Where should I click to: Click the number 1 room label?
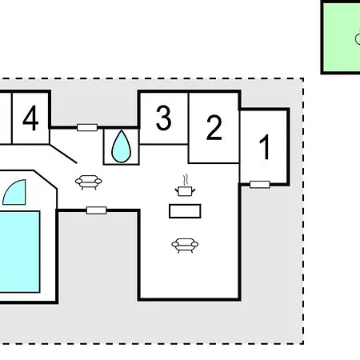click(265, 147)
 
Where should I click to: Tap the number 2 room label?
click(214, 127)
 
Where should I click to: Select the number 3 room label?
click(163, 118)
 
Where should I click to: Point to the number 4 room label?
click(30, 118)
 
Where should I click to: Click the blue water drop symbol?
click(121, 146)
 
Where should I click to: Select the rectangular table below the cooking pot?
click(185, 211)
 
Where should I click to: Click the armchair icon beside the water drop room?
click(89, 182)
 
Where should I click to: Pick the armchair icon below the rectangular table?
click(185, 246)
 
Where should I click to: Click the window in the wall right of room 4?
click(87, 127)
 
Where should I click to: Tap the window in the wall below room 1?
click(260, 185)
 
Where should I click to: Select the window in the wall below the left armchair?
click(97, 210)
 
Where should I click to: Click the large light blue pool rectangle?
click(20, 252)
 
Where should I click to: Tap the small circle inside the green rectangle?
click(358, 39)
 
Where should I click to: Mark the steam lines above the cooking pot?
click(186, 180)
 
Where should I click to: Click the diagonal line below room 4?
click(63, 154)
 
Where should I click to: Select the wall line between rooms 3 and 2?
click(189, 118)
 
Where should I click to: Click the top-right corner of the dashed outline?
click(303, 78)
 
